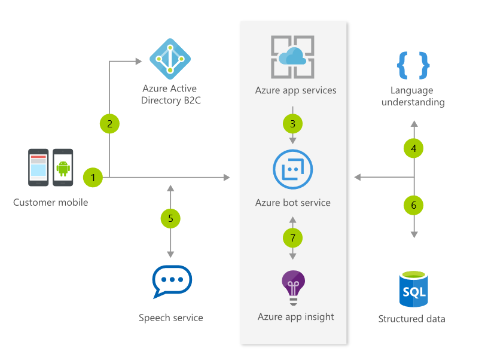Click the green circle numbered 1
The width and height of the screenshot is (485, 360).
point(93,178)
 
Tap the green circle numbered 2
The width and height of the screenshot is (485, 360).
point(109,124)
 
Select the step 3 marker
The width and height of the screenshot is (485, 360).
point(292,124)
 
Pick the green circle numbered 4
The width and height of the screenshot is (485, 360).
point(414,148)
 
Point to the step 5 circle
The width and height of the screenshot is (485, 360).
point(170,218)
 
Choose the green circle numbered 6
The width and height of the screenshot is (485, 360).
point(414,205)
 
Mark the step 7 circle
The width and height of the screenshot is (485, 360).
point(292,238)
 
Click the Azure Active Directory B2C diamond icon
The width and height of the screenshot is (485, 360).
point(170,59)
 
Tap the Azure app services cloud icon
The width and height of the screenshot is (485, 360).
point(292,57)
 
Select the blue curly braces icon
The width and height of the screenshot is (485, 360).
point(413,65)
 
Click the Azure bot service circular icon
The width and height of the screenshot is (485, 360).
point(292,169)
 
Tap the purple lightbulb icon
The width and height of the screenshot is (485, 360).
point(293,288)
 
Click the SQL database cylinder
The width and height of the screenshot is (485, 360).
point(414,289)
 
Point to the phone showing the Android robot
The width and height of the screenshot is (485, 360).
point(63,167)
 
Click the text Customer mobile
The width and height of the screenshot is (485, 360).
point(50,202)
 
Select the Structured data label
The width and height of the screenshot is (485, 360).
point(411,319)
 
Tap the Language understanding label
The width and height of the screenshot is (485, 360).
point(413,96)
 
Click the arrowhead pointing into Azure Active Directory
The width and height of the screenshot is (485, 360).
point(139,61)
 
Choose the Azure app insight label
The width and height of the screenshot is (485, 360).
point(295,317)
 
